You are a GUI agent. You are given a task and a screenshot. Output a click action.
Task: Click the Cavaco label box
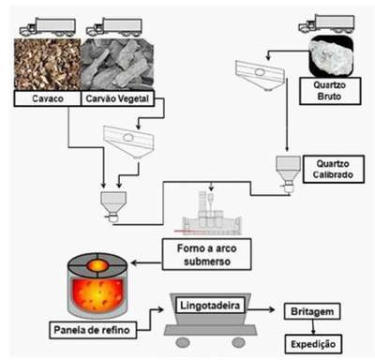pos(47,98)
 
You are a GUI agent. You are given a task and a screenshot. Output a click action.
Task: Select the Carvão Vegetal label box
pos(117,98)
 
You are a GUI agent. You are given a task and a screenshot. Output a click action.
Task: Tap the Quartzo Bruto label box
pos(330,91)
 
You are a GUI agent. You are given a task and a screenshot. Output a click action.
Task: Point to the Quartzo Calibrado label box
pos(333,169)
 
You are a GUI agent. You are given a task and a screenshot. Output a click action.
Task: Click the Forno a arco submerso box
pos(206,254)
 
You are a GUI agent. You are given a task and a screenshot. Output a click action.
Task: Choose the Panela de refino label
pos(93,330)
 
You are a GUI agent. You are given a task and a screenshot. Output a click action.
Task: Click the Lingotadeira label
pos(210,306)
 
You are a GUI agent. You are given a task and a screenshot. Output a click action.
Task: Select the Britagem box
pos(312,311)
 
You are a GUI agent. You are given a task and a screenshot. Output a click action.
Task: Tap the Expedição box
pos(313,344)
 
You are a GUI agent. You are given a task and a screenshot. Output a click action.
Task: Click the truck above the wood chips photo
pos(48,26)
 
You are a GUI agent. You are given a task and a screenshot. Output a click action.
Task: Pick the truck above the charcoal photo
pos(114,26)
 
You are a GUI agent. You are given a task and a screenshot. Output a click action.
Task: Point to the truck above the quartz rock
pos(326,23)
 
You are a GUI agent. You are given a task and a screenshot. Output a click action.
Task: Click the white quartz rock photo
pos(331,55)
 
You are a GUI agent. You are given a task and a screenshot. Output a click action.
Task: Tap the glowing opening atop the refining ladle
pos(97,266)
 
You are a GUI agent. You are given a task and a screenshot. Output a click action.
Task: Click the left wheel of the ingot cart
pos(183,342)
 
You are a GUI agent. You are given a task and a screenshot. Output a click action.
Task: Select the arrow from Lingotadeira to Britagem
pos(261,309)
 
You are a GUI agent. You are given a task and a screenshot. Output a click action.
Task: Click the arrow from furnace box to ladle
pos(146,262)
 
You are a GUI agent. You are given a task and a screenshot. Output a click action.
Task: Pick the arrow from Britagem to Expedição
pos(313,327)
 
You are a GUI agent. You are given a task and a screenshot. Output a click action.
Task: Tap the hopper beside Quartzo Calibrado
pos(288,173)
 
